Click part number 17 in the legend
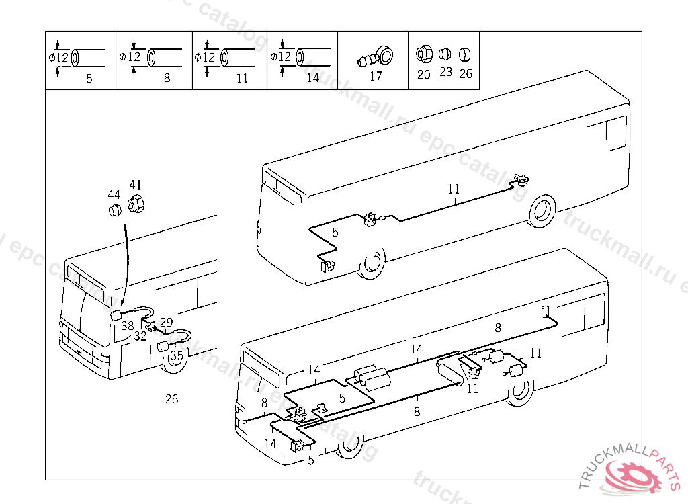(376, 76)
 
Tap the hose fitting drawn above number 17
(374, 55)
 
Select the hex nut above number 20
(423, 53)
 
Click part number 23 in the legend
(445, 72)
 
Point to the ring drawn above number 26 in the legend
(466, 54)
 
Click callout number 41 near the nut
(136, 185)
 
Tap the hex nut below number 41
(135, 203)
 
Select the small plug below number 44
(114, 212)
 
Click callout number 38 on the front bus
(127, 326)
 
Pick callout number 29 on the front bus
(167, 323)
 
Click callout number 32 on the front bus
(140, 337)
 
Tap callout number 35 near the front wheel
(177, 355)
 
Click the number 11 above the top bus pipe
(454, 189)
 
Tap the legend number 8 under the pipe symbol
(167, 78)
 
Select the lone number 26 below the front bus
(172, 399)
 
